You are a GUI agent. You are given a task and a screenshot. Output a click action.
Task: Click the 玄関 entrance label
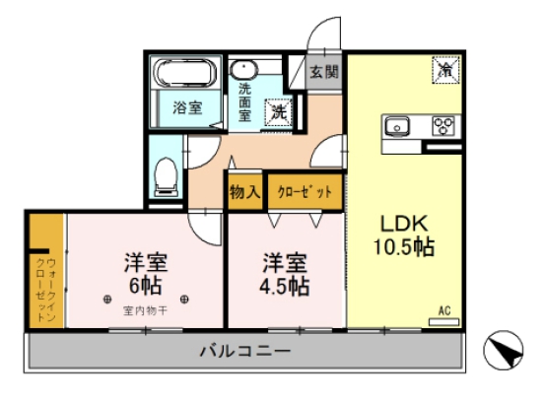tap(324, 71)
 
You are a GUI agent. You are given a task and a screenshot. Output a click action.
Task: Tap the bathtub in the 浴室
tap(184, 74)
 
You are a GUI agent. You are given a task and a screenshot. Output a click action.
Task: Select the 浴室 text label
tap(187, 107)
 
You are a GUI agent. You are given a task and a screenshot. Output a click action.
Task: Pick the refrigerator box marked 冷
tap(444, 71)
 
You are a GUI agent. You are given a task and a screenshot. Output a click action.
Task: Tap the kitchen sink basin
tap(397, 125)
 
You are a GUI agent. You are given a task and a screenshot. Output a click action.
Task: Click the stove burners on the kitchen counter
tap(444, 126)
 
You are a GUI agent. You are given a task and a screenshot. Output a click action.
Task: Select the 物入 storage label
tap(244, 191)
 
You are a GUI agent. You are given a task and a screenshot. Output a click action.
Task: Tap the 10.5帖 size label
tap(402, 247)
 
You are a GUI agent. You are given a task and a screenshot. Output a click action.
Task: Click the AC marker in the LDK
tap(444, 312)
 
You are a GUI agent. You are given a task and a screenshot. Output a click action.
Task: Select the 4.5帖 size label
tap(285, 288)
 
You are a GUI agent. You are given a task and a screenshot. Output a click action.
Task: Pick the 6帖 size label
tap(145, 290)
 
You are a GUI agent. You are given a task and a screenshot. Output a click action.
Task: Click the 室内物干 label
tap(145, 311)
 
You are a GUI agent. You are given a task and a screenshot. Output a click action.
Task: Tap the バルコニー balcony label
tap(242, 351)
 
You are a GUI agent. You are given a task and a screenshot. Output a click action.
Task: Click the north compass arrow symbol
tap(505, 351)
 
